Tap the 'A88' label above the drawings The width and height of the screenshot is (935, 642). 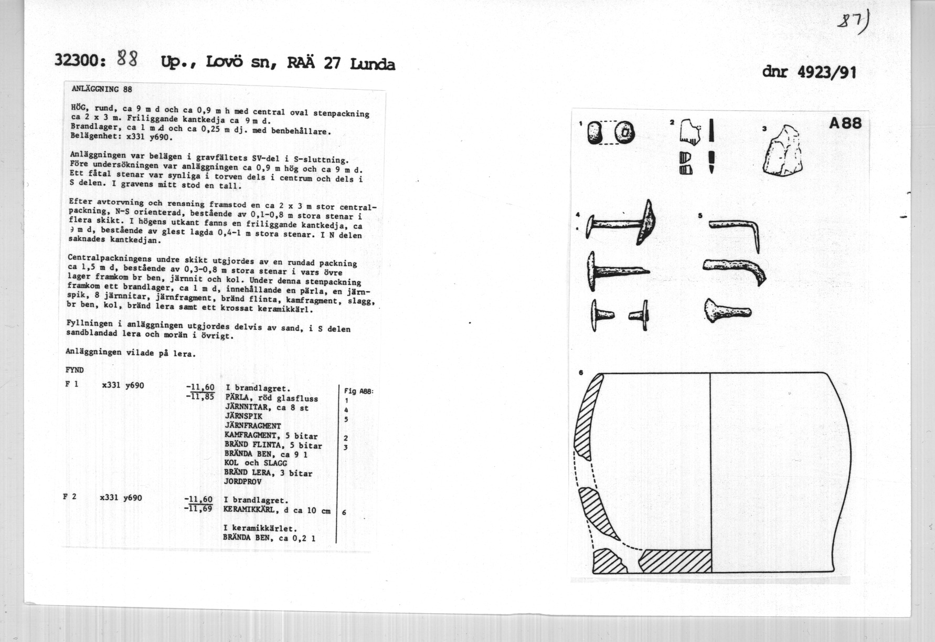(845, 123)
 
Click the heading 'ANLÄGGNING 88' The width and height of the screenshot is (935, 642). (102, 89)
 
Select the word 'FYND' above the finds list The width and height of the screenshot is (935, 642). (75, 370)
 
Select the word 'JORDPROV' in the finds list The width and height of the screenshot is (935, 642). (243, 481)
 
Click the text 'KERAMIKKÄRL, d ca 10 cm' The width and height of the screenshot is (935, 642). (277, 510)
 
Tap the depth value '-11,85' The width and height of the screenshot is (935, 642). (199, 397)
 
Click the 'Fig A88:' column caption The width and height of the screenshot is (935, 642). (358, 391)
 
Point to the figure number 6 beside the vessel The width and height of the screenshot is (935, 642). (581, 373)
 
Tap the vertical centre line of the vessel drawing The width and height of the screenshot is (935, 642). (710, 462)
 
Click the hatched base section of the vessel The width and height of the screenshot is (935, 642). (676, 561)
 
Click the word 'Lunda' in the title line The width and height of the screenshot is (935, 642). (372, 64)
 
